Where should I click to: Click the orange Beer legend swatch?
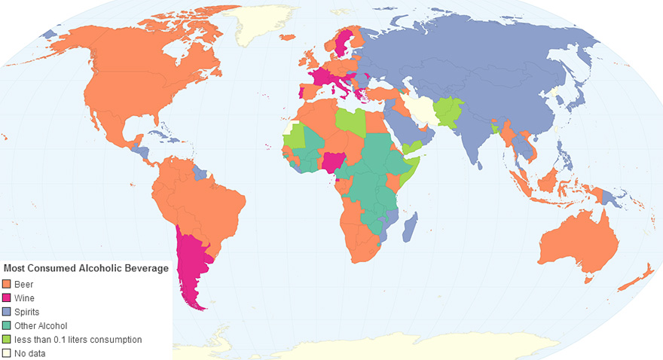click(7, 284)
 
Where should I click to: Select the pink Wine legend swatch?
click(7, 298)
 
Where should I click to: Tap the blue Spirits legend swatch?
click(7, 312)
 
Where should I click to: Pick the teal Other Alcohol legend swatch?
click(7, 326)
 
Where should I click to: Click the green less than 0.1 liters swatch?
click(7, 340)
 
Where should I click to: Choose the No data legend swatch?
click(7, 353)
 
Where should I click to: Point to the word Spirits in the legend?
click(27, 312)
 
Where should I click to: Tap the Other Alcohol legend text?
click(41, 326)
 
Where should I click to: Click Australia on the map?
click(576, 241)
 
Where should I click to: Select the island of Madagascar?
click(410, 226)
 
